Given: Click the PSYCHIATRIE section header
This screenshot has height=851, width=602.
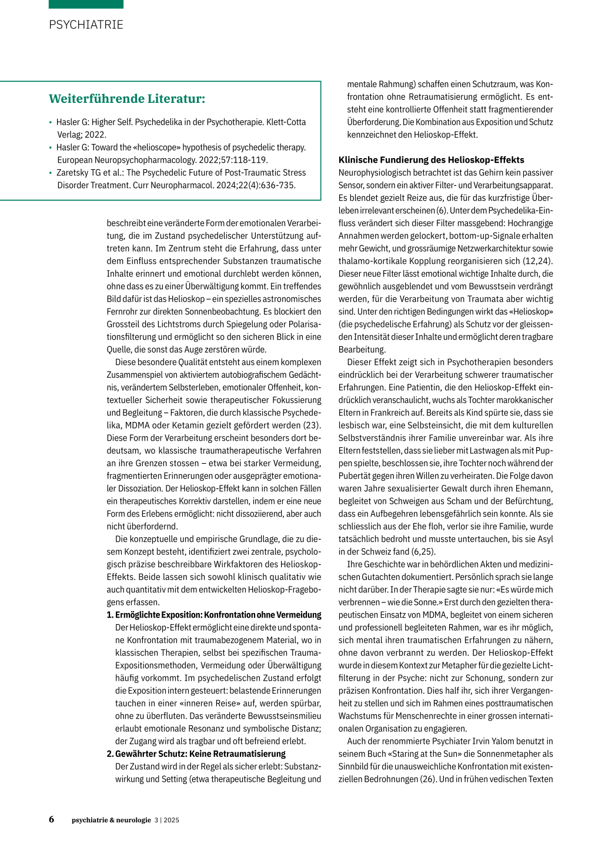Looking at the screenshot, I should (x=86, y=25).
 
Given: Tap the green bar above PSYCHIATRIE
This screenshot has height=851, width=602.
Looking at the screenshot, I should (x=86, y=4).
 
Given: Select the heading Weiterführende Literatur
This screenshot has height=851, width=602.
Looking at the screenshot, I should (x=127, y=99).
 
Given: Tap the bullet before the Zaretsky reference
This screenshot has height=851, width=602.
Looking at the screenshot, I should (x=51, y=173).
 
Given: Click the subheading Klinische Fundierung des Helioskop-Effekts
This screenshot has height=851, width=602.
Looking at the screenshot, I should (x=431, y=160).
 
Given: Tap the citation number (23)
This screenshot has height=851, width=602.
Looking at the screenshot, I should (x=312, y=425).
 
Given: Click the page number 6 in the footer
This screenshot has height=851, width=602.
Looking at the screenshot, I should (x=52, y=819).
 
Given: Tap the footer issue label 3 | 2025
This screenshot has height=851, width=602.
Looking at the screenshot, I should (x=167, y=820).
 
